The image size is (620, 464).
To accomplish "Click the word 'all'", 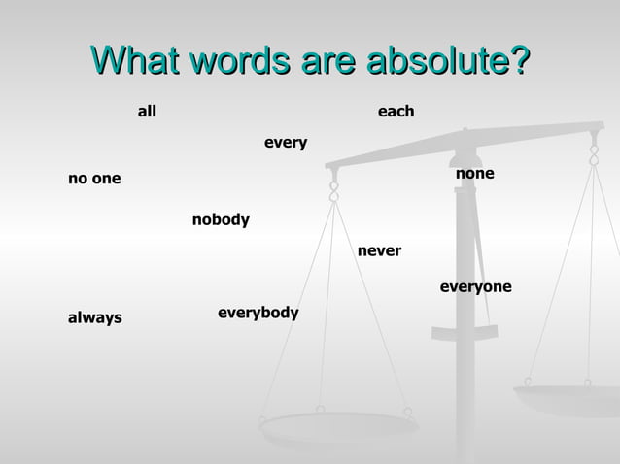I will click(147, 113).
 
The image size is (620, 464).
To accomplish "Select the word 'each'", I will click(396, 113).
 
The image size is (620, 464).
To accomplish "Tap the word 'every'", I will click(286, 144).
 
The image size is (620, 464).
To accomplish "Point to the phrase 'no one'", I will click(94, 179).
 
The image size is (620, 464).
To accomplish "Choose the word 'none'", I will click(474, 174).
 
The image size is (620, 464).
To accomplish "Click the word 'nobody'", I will click(221, 220).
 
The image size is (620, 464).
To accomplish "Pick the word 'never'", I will click(379, 251).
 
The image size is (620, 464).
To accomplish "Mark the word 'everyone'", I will click(475, 287).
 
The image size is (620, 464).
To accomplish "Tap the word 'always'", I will click(94, 317).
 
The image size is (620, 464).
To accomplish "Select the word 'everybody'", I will click(258, 313).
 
